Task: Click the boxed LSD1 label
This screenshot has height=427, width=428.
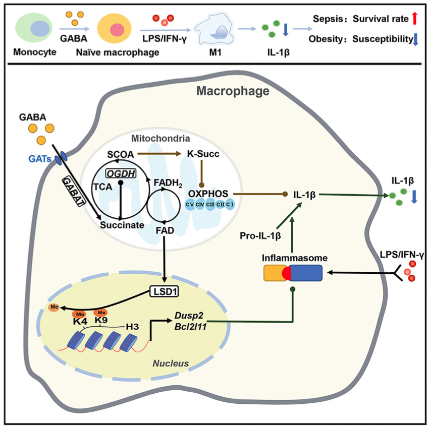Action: (166, 291)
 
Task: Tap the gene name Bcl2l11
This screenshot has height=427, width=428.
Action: (190, 327)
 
